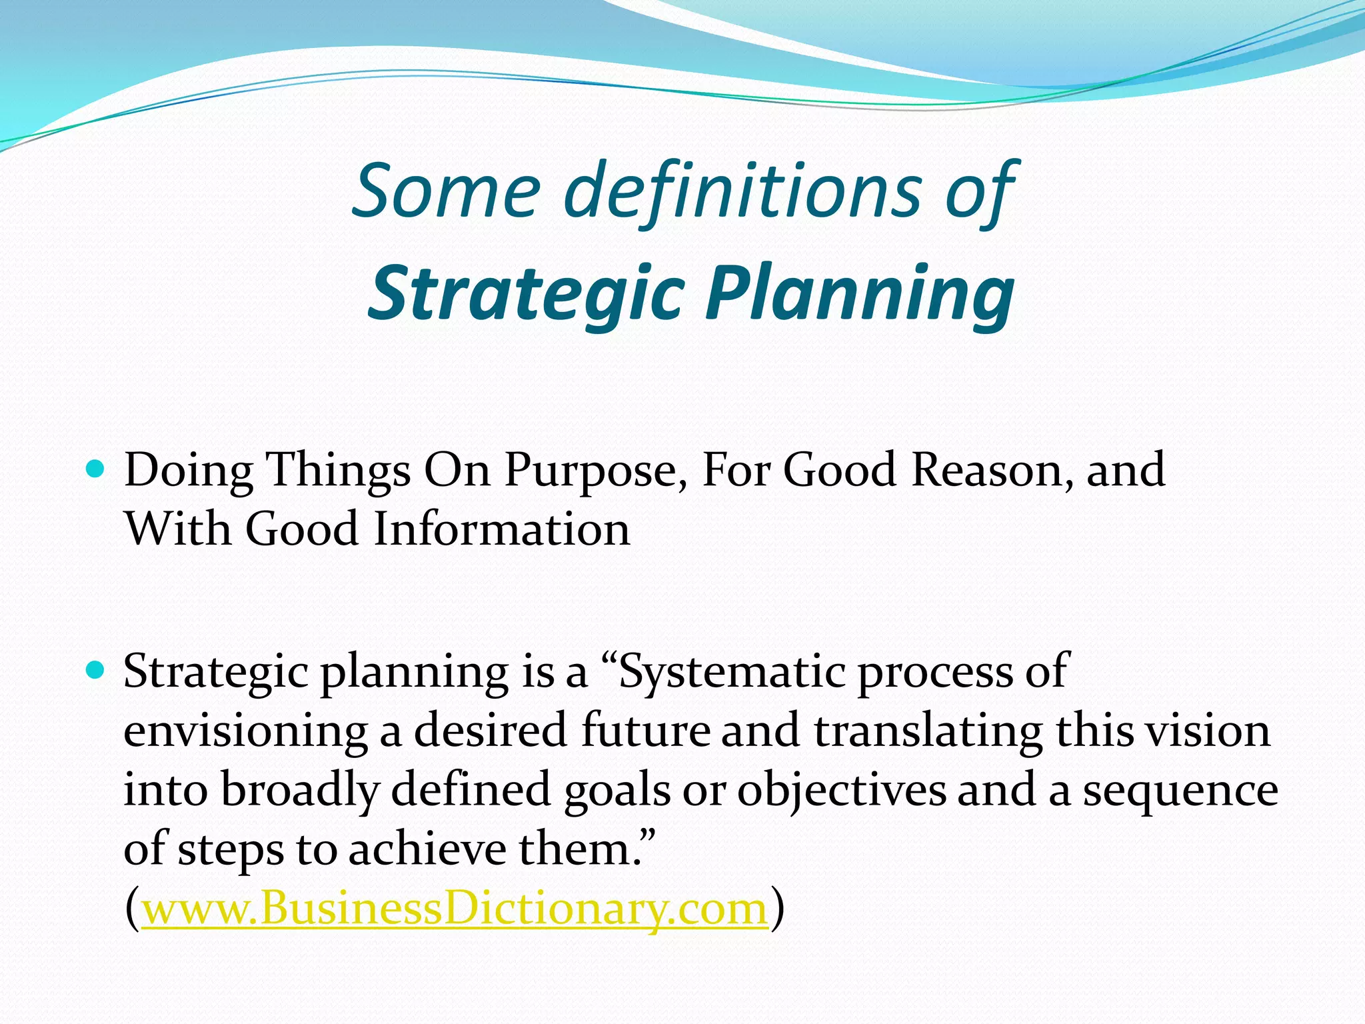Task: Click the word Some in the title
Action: point(445,192)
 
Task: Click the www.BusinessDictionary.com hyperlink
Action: point(455,909)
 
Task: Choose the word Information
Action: point(501,529)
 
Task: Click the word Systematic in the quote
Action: point(731,672)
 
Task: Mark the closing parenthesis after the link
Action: point(777,909)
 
